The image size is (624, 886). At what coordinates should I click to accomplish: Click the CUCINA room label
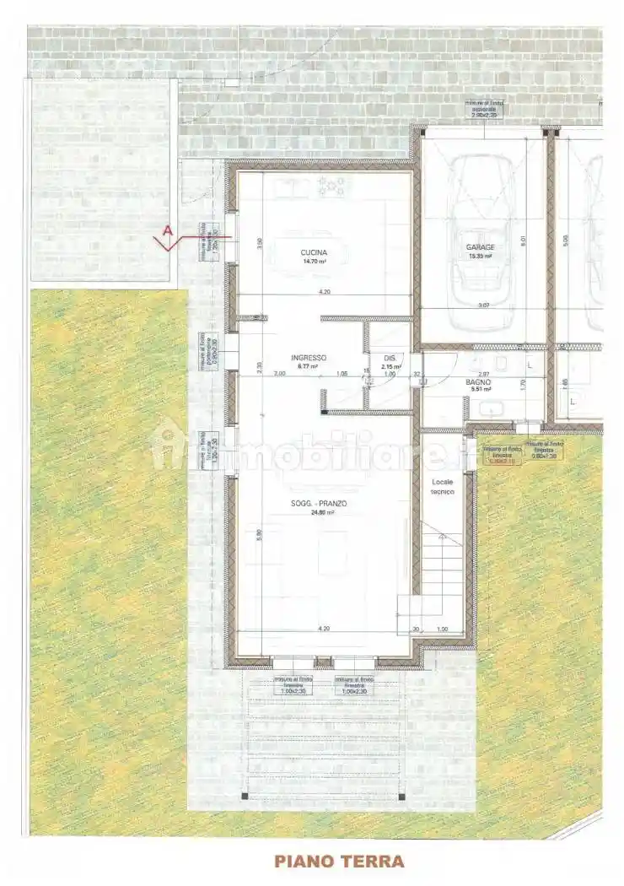coord(313,252)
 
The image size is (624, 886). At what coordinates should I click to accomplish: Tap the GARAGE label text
coord(481,247)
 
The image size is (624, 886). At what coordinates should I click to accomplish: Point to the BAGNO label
coord(479,382)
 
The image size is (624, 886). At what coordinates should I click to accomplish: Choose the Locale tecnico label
coord(443,486)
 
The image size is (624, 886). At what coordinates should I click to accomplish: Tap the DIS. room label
coord(389,357)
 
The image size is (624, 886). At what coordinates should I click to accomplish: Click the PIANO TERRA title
coord(338,861)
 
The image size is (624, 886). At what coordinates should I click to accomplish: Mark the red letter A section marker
coord(168,230)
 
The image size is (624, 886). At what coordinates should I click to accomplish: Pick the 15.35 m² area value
coord(481,257)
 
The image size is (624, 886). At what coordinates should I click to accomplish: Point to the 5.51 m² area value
coord(479,391)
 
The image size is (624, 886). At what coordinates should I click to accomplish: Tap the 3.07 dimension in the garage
coord(483,305)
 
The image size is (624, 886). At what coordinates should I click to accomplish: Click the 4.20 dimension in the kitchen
coord(324,292)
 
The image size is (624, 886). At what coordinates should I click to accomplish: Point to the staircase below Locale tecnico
coord(443,574)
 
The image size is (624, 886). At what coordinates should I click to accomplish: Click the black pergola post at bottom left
coord(244,796)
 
